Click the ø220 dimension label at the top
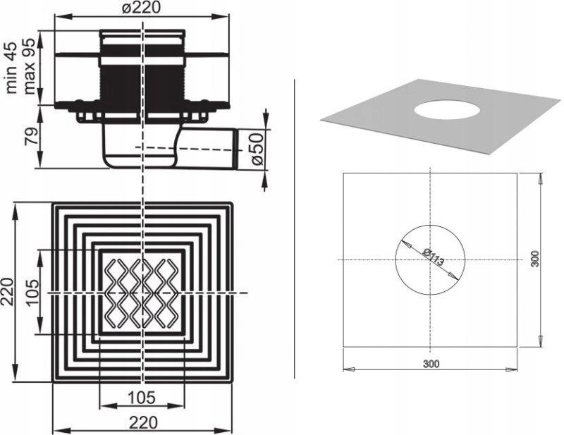pyautogui.click(x=140, y=8)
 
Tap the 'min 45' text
pyautogui.click(x=11, y=68)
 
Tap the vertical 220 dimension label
pyautogui.click(x=7, y=292)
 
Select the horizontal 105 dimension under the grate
pyautogui.click(x=142, y=398)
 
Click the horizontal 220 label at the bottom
pyautogui.click(x=143, y=423)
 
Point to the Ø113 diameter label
pyautogui.click(x=434, y=257)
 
